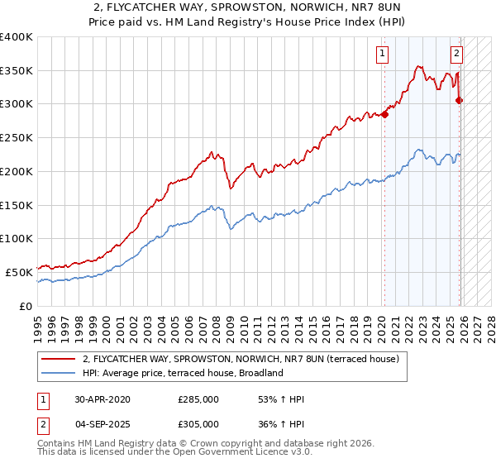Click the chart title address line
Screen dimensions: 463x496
[247, 7]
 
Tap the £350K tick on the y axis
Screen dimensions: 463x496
[17, 70]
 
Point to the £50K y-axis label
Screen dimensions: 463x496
[19, 271]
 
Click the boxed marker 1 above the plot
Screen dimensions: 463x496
[383, 55]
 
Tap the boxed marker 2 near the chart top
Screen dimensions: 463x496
[456, 55]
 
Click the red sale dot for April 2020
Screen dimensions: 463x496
[384, 115]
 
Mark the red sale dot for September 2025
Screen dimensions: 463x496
[460, 101]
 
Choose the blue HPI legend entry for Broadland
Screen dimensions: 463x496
[183, 373]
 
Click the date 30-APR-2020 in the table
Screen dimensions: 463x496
[103, 399]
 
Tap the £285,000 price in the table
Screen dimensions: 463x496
[198, 399]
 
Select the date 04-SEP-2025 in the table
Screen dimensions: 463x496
[103, 423]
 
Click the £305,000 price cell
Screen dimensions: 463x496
[198, 423]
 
